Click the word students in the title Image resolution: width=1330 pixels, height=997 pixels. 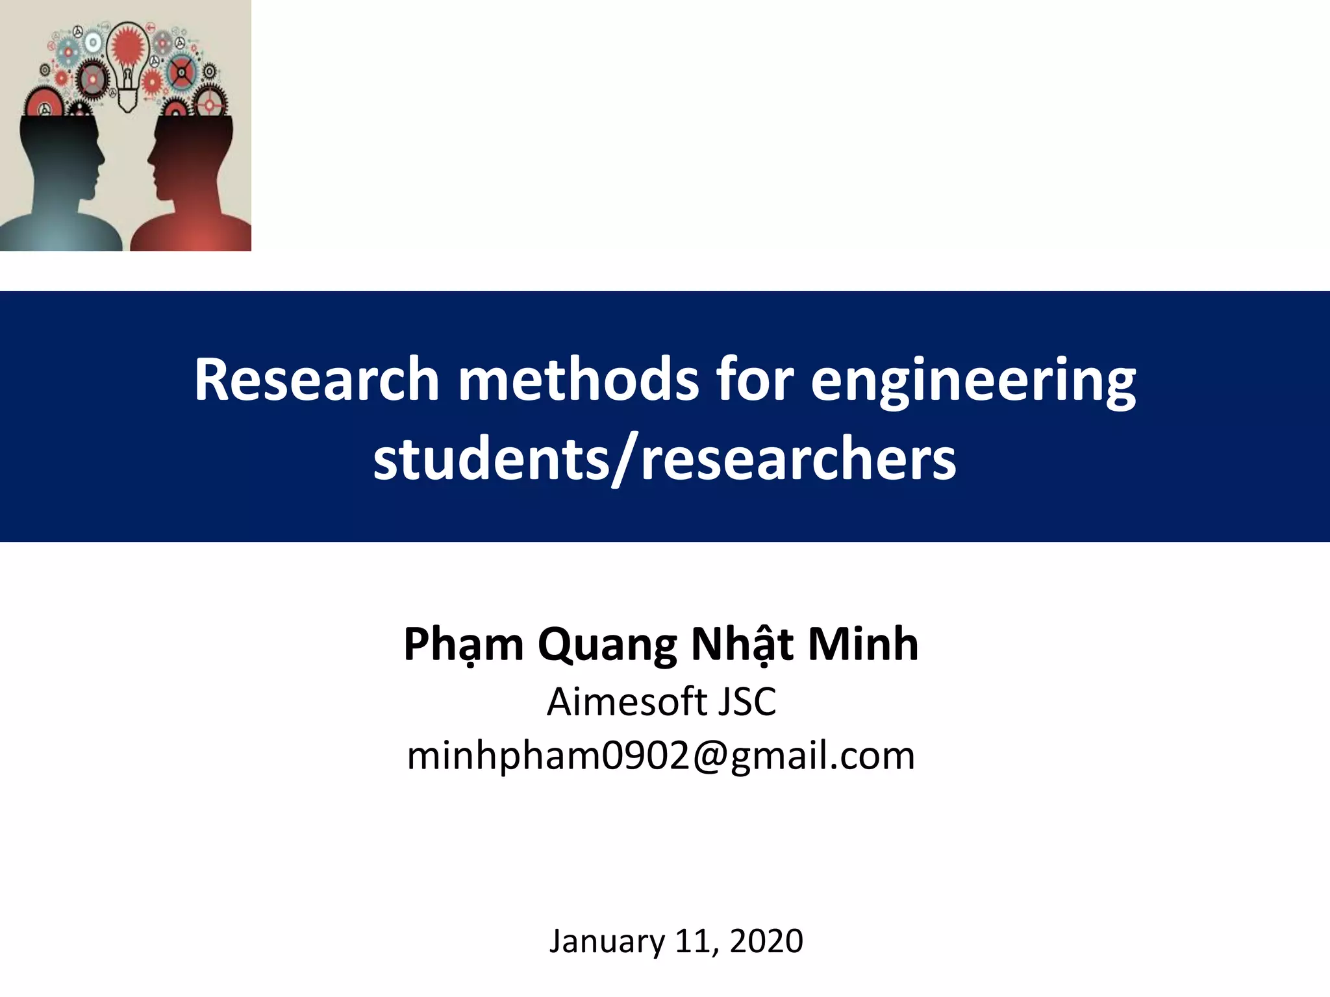click(x=491, y=460)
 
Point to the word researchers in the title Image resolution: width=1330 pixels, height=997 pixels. click(x=798, y=460)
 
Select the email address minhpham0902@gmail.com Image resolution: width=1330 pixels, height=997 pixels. click(x=660, y=756)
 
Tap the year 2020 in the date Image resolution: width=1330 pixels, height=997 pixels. click(x=766, y=941)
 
